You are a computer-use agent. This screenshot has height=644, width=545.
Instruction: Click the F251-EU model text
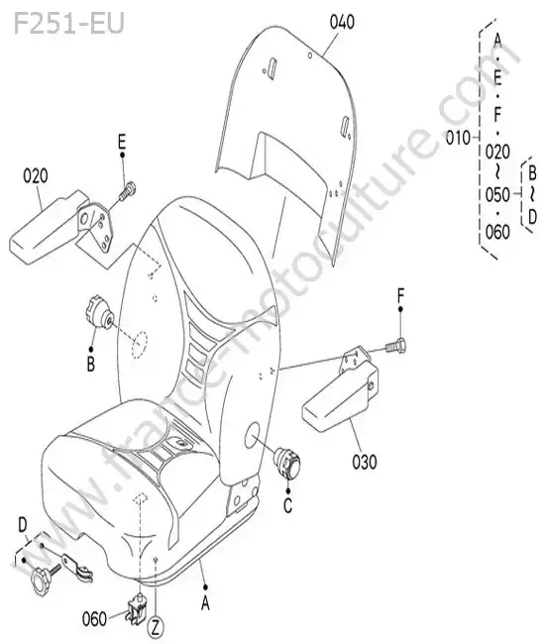click(x=68, y=24)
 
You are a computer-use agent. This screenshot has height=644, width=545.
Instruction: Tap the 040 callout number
click(x=342, y=22)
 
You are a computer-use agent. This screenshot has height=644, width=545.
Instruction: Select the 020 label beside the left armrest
click(x=36, y=176)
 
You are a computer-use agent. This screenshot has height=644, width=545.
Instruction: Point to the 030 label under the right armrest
click(x=365, y=462)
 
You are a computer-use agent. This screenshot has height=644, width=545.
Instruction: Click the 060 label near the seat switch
click(x=94, y=619)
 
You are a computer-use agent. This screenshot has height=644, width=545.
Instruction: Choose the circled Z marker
click(x=156, y=628)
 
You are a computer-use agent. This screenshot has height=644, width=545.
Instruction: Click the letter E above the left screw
click(x=122, y=142)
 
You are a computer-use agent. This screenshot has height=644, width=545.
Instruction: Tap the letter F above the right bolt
click(x=401, y=295)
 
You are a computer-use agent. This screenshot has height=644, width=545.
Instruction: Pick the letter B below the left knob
click(x=91, y=364)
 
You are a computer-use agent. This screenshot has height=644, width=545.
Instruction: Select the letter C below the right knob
click(x=288, y=505)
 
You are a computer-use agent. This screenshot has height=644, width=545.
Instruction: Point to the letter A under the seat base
click(x=205, y=603)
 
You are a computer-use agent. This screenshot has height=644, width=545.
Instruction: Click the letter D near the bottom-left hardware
click(x=23, y=525)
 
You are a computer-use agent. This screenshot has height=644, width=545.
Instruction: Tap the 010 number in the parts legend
click(x=458, y=138)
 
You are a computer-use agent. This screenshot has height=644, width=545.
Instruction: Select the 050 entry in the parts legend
click(x=497, y=194)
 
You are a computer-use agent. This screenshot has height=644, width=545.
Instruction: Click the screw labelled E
click(x=128, y=191)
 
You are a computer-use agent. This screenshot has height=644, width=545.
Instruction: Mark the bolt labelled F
click(x=396, y=346)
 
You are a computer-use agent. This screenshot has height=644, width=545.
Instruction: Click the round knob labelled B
click(x=99, y=312)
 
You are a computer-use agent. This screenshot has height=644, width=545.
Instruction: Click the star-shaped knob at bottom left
click(x=41, y=582)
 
